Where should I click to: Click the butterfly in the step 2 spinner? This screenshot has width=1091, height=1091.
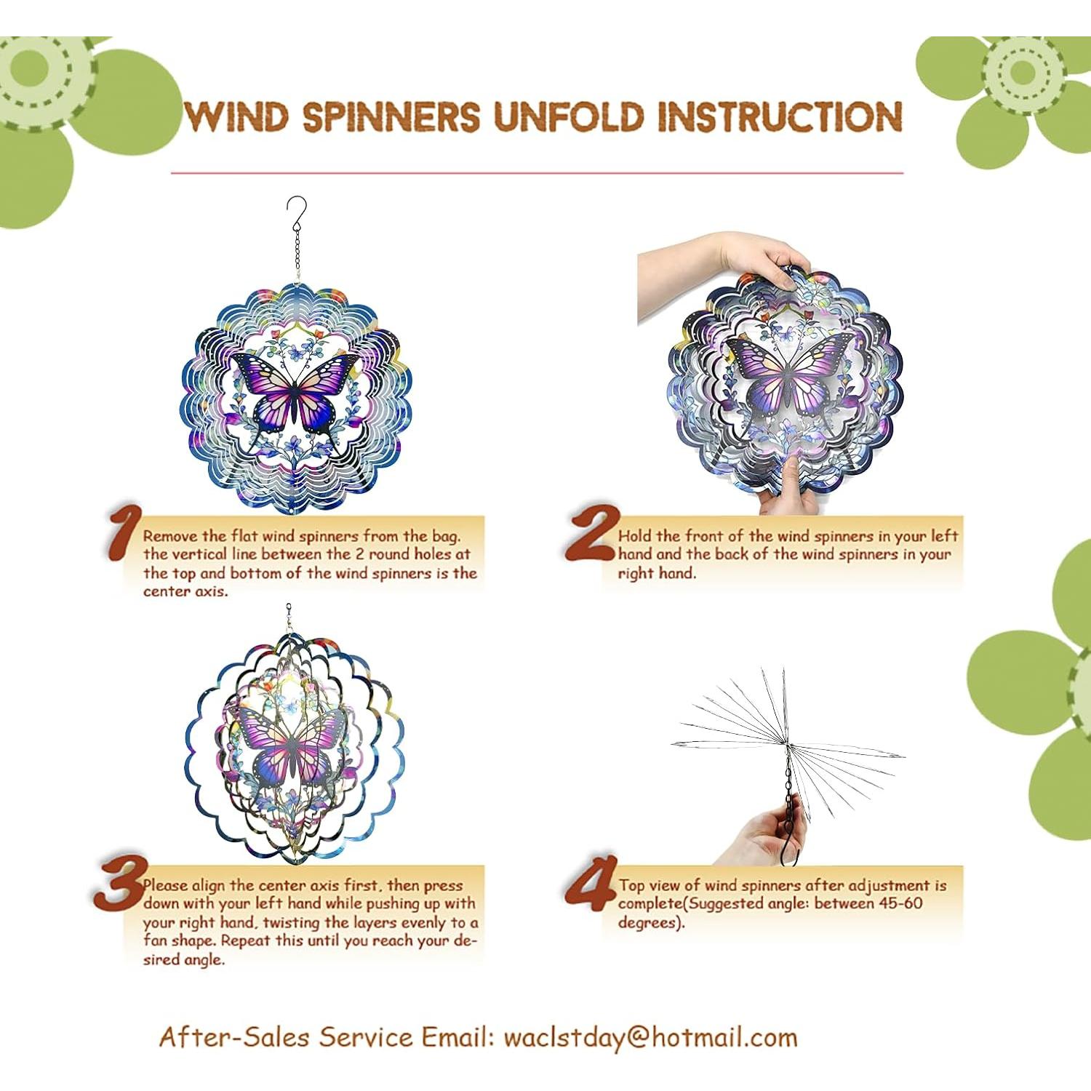(x=786, y=378)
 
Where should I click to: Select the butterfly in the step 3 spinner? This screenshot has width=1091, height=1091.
(x=291, y=749)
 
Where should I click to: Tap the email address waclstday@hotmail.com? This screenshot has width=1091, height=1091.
(x=650, y=1036)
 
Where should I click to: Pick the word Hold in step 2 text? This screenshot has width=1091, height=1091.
(x=634, y=536)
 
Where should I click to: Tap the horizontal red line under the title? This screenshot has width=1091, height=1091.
(x=537, y=173)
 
